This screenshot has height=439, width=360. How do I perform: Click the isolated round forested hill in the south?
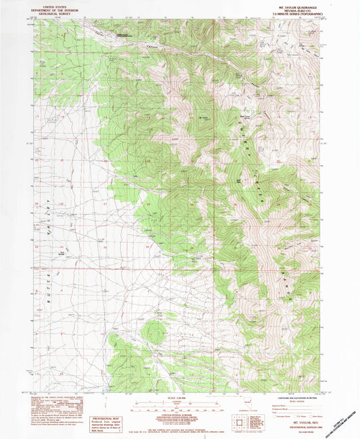[x=155, y=331]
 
